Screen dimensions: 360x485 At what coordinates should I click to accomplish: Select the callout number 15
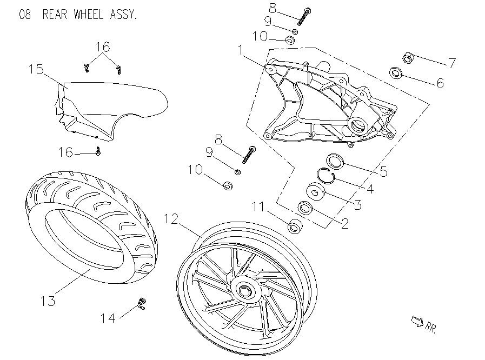(36, 69)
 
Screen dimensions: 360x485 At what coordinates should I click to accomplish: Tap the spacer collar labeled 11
(295, 226)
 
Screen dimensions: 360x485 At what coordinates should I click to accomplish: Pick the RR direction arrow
(416, 322)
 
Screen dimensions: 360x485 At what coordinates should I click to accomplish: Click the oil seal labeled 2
(306, 208)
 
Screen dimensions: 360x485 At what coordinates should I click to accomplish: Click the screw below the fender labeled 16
(98, 152)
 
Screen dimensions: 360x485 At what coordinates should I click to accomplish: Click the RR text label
(431, 326)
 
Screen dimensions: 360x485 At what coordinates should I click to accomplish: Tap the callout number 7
(451, 63)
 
